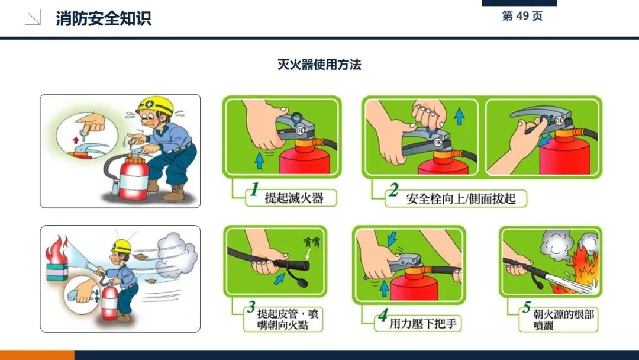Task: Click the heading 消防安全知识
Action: [x=104, y=18]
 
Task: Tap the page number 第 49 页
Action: [x=522, y=16]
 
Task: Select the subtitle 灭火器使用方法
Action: [x=319, y=65]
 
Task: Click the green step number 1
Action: [x=254, y=189]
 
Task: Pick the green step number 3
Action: [x=251, y=307]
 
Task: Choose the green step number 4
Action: [x=383, y=315]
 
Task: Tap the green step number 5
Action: [x=527, y=307]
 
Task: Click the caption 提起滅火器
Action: [x=294, y=198]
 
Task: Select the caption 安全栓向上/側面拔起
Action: [x=460, y=198]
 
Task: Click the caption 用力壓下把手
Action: [x=423, y=324]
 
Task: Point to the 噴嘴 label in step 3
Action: [x=312, y=242]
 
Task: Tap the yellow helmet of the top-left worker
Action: [x=155, y=105]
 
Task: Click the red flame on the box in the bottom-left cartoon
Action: [x=57, y=249]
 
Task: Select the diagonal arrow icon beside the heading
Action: [x=33, y=18]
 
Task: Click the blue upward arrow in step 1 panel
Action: [x=259, y=160]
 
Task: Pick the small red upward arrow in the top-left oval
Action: [x=75, y=140]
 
